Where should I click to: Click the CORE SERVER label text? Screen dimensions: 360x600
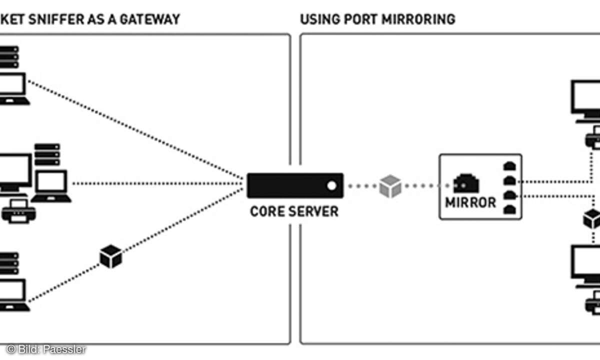pyautogui.click(x=294, y=211)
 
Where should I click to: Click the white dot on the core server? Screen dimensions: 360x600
pyautogui.click(x=331, y=186)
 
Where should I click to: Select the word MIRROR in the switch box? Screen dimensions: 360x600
pyautogui.click(x=470, y=202)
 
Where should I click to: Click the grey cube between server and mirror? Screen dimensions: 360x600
pyautogui.click(x=390, y=186)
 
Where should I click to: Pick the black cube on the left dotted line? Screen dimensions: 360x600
pyautogui.click(x=110, y=256)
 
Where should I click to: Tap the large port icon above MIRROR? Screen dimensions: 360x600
pyautogui.click(x=466, y=183)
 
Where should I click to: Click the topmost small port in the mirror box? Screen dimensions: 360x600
pyautogui.click(x=508, y=165)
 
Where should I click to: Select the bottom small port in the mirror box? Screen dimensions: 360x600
pyautogui.click(x=508, y=209)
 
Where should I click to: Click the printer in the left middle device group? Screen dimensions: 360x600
pyautogui.click(x=18, y=211)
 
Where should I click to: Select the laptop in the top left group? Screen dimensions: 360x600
pyautogui.click(x=12, y=89)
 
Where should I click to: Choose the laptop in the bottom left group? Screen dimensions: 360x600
pyautogui.click(x=12, y=295)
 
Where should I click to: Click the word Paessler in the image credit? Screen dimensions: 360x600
pyautogui.click(x=68, y=349)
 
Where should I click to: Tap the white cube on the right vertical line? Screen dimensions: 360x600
pyautogui.click(x=591, y=219)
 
